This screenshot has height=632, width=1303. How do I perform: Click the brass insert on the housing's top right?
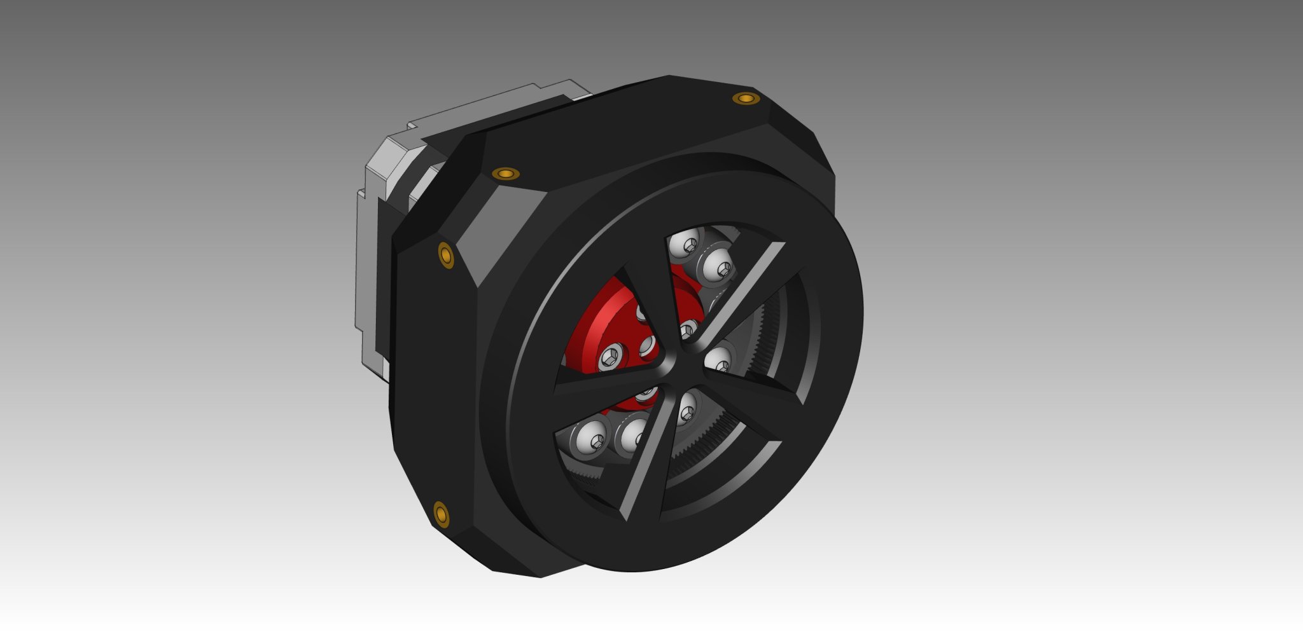744,98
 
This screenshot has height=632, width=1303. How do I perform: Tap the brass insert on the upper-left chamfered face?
506,174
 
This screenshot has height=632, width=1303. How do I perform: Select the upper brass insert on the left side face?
446,254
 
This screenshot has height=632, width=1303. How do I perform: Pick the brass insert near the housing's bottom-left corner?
441,513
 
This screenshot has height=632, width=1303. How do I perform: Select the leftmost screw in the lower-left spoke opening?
591,437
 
